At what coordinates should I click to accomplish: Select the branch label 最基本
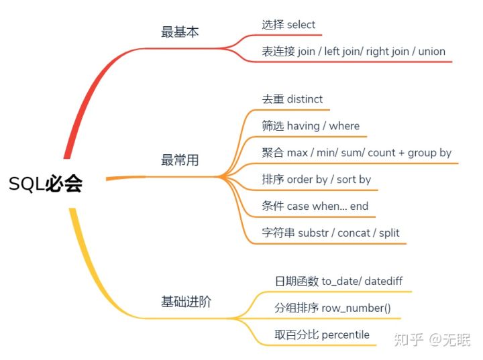[x=180, y=32]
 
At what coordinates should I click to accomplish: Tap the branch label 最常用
[x=180, y=160]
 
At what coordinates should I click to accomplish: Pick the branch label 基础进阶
[x=186, y=302]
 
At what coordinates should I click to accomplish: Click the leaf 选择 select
[x=288, y=25]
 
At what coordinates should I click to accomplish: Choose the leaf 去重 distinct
[x=292, y=99]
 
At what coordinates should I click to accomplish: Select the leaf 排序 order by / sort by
[x=316, y=180]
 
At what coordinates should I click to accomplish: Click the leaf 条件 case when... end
[x=315, y=206]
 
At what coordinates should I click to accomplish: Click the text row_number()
[x=357, y=308]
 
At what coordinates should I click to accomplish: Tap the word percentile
[x=345, y=335]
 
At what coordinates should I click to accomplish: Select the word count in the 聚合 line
[x=382, y=153]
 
